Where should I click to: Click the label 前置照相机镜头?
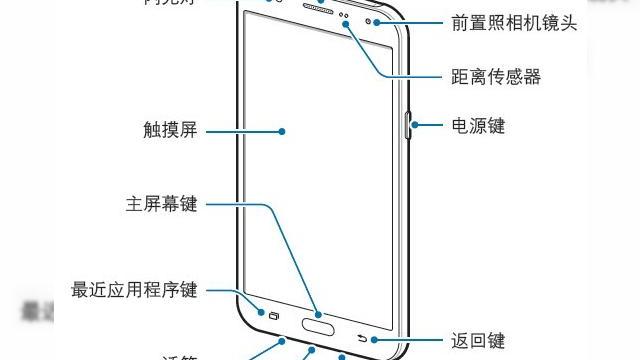click(x=514, y=22)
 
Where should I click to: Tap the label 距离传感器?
click(x=497, y=76)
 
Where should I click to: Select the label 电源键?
click(x=478, y=127)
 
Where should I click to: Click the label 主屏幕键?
click(x=161, y=205)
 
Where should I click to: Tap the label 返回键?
click(x=478, y=341)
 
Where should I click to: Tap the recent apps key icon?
click(x=274, y=318)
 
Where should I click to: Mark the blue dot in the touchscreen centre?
click(x=283, y=130)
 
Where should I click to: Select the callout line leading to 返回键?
click(x=410, y=340)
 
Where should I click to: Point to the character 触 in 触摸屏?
click(x=153, y=130)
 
